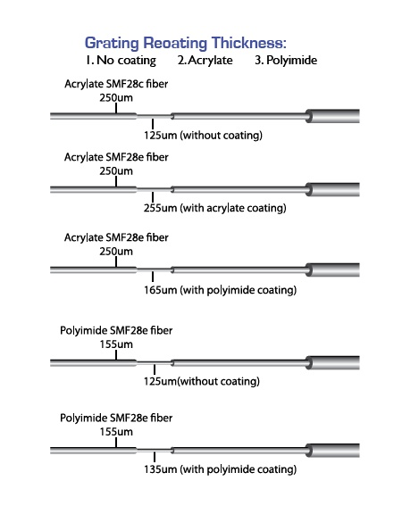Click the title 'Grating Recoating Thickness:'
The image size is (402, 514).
(x=186, y=43)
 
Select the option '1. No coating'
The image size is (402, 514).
(x=121, y=61)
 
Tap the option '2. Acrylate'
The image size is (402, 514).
(x=205, y=61)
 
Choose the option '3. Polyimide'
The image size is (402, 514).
(x=286, y=61)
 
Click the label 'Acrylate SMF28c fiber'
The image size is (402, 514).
(x=116, y=84)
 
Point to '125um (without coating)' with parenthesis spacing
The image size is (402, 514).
(x=203, y=135)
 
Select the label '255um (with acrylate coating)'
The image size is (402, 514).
(x=215, y=208)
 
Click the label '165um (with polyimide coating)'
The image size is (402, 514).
(x=220, y=290)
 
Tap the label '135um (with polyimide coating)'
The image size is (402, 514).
(x=220, y=469)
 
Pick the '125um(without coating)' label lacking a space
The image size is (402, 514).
(x=202, y=381)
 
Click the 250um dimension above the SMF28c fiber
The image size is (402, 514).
(x=116, y=97)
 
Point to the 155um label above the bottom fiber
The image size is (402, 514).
(x=116, y=432)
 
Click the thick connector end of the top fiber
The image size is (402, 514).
(x=332, y=116)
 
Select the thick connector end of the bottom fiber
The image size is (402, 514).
(x=332, y=451)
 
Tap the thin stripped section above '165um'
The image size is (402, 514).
(x=154, y=270)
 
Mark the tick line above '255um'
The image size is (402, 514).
(x=153, y=197)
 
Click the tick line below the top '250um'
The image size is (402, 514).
(x=116, y=108)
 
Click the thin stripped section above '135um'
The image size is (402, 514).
(x=154, y=451)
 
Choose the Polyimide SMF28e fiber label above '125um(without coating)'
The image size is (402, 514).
(x=116, y=330)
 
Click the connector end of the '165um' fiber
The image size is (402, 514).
(x=332, y=270)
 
